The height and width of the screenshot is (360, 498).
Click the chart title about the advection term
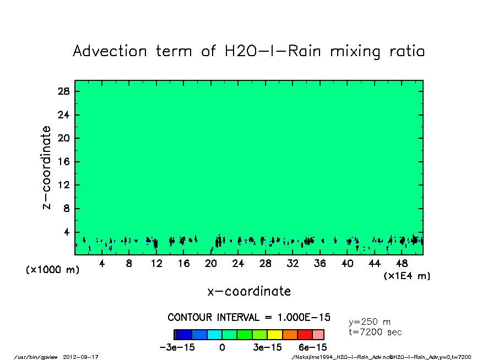(x=249, y=52)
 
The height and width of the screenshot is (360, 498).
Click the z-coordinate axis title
(x=47, y=167)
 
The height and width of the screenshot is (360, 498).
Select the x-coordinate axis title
(x=249, y=291)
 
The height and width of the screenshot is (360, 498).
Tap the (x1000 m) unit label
(x=50, y=270)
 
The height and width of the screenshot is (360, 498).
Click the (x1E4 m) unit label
(x=407, y=276)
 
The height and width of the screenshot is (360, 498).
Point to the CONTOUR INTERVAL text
(x=249, y=318)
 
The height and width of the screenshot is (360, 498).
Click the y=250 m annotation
(x=370, y=322)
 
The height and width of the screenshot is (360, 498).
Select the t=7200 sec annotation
(x=375, y=332)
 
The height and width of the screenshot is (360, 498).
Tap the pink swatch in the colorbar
(x=318, y=334)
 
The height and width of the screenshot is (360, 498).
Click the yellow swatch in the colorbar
(x=274, y=334)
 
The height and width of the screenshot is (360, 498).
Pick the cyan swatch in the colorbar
(x=214, y=334)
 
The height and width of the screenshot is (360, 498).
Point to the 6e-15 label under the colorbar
(x=313, y=347)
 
